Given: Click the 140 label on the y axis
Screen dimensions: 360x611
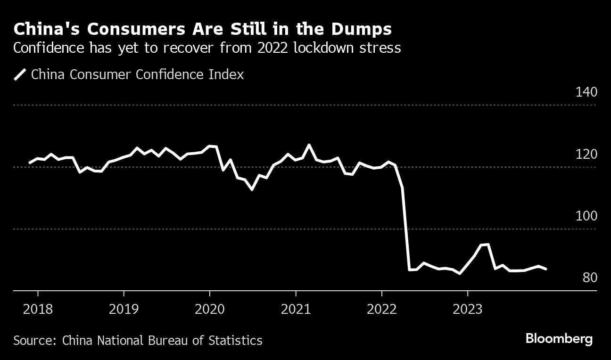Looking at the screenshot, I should [586, 92].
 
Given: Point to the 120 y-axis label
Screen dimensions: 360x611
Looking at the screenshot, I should [586, 154].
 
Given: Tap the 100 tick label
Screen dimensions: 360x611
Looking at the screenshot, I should [586, 216].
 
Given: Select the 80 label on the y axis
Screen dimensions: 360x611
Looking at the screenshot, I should [589, 278].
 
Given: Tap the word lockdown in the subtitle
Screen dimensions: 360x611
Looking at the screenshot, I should [327, 48].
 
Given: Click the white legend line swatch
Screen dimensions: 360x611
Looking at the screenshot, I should [20, 74].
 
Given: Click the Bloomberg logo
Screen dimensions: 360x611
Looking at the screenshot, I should [559, 339].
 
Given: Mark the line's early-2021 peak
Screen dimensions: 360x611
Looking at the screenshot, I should [309, 145].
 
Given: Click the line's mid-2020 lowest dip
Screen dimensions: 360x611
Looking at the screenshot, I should [252, 189].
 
